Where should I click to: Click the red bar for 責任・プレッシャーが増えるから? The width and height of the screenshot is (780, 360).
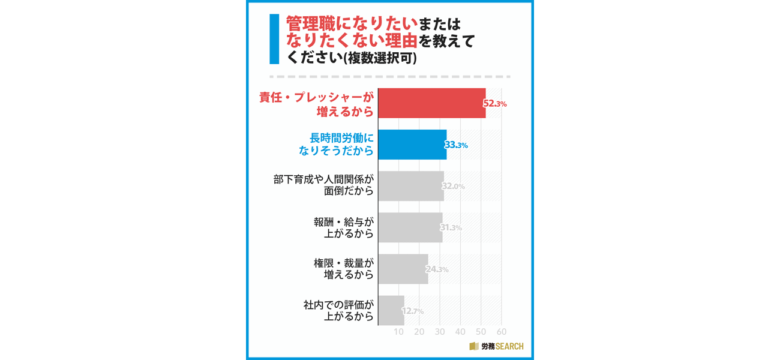[x=431, y=103]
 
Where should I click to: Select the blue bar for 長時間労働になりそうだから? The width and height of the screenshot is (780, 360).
[x=412, y=145]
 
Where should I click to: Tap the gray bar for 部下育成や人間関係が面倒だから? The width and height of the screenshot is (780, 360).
[x=410, y=186]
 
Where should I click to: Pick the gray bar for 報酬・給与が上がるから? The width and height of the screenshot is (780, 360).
[x=410, y=227]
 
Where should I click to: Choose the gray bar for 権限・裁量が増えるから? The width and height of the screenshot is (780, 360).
[x=403, y=269]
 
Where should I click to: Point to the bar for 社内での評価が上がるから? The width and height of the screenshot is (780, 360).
[x=391, y=310]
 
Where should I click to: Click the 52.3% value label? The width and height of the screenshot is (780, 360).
[x=495, y=103]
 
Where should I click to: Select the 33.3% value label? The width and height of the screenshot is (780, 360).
[x=456, y=145]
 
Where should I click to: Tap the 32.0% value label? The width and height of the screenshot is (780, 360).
[x=453, y=186]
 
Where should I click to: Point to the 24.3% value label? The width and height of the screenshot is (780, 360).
[x=437, y=269]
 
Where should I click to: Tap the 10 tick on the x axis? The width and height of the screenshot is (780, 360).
[x=398, y=332]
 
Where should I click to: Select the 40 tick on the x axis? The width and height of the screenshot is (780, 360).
[x=460, y=332]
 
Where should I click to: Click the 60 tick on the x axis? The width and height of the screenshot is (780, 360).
[x=502, y=332]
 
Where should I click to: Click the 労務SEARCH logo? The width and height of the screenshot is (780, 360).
[x=496, y=346]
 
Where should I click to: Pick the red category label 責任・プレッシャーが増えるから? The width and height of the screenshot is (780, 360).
[x=316, y=104]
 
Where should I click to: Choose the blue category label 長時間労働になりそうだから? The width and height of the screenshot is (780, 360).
[x=336, y=145]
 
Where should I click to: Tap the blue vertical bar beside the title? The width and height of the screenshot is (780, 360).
[x=274, y=40]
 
